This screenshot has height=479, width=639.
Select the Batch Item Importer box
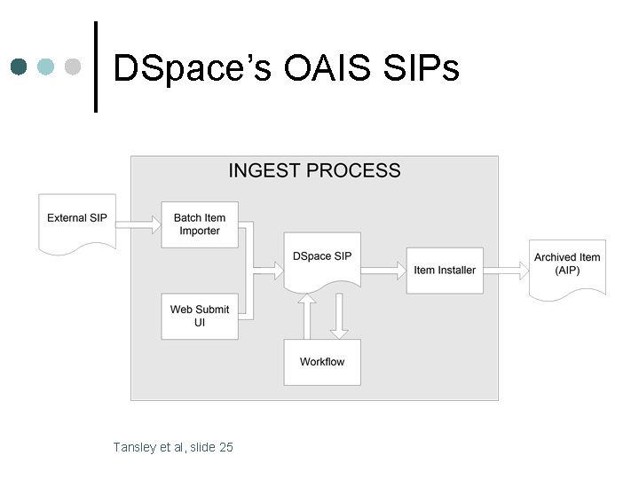point(199,224)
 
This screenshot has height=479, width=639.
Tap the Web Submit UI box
point(199,316)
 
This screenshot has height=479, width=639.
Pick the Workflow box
point(322,362)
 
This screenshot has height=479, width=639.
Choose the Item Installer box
point(445,270)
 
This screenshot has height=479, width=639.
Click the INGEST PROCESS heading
point(314,171)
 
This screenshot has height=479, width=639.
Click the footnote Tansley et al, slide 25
point(173,447)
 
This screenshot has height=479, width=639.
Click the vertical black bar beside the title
point(96,67)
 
